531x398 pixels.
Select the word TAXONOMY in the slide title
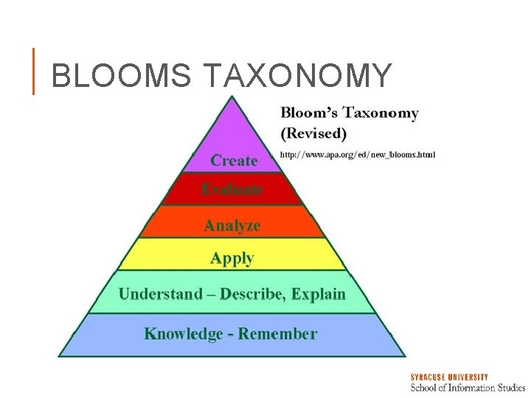click(297, 75)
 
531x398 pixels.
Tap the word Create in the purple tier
click(234, 161)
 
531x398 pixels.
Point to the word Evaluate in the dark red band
click(232, 189)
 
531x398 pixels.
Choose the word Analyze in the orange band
click(232, 226)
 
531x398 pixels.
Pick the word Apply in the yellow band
click(232, 258)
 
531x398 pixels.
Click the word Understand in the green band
click(161, 294)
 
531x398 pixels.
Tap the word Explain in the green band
click(319, 294)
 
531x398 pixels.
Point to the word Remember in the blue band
click(277, 334)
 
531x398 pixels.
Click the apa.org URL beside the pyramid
click(358, 155)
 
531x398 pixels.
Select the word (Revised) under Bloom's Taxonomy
click(313, 133)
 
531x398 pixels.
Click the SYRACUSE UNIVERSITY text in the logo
click(449, 377)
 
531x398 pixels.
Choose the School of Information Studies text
click(468, 387)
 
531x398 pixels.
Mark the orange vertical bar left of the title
click(33, 71)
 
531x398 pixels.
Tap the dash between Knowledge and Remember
click(231, 335)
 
